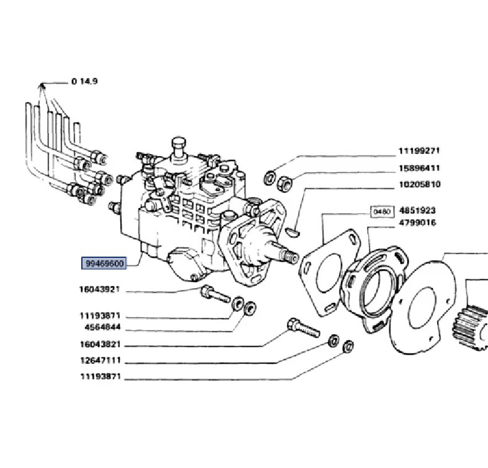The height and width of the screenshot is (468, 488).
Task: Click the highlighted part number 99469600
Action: pos(104,263)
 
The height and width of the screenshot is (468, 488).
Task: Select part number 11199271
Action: pos(419,151)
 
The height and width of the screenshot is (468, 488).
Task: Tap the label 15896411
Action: pos(420,168)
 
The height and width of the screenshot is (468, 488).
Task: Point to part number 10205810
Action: pos(420,184)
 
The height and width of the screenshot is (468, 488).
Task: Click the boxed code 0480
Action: pos(382,211)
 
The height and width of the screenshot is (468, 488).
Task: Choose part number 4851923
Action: pos(417,210)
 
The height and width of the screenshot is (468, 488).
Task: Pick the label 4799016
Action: pos(417,223)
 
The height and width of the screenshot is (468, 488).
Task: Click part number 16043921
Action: pos(100,289)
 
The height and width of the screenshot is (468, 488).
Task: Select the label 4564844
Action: pos(102,327)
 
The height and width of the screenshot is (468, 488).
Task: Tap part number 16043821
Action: pos(100,345)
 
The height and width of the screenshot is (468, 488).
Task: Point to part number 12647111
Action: pos(100,360)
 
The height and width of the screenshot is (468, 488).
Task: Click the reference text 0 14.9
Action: pos(85,81)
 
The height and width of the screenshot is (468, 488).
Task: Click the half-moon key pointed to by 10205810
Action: pos(293,232)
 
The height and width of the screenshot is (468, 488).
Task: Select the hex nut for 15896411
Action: pos(284,182)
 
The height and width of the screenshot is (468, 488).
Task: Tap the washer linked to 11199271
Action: pos(270,178)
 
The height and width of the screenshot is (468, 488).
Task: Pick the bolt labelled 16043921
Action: pos(215,294)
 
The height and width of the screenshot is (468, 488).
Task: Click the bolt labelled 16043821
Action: pos(303,328)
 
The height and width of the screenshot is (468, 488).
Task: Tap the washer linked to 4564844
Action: pos(250,308)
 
